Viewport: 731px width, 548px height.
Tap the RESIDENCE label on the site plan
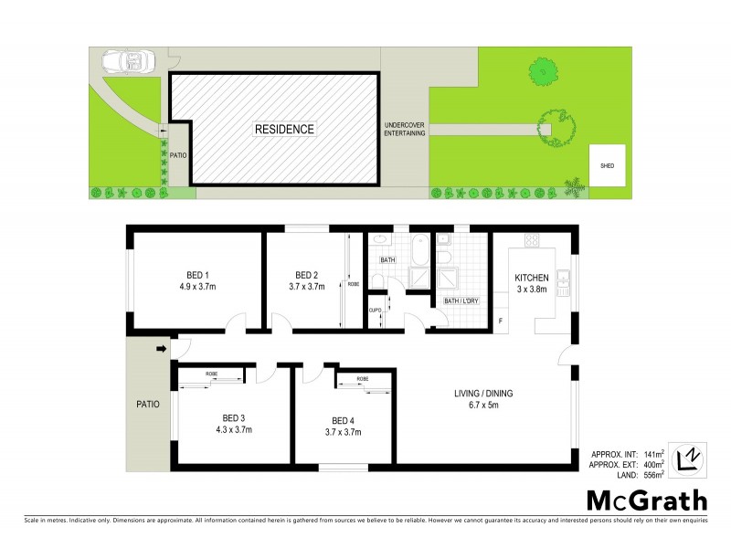pos(283,130)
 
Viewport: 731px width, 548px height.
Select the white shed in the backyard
pos(607,165)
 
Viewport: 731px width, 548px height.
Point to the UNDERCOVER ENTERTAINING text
pos(404,129)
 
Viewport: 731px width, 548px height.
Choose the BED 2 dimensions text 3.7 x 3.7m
pos(306,287)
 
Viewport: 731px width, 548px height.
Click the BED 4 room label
pos(344,420)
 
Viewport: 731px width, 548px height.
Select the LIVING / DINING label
pos(483,394)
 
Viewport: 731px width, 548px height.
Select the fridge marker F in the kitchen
pos(500,321)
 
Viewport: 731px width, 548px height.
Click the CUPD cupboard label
pos(375,311)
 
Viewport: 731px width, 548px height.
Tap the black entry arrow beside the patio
pos(163,348)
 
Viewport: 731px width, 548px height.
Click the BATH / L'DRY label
pos(461,300)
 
